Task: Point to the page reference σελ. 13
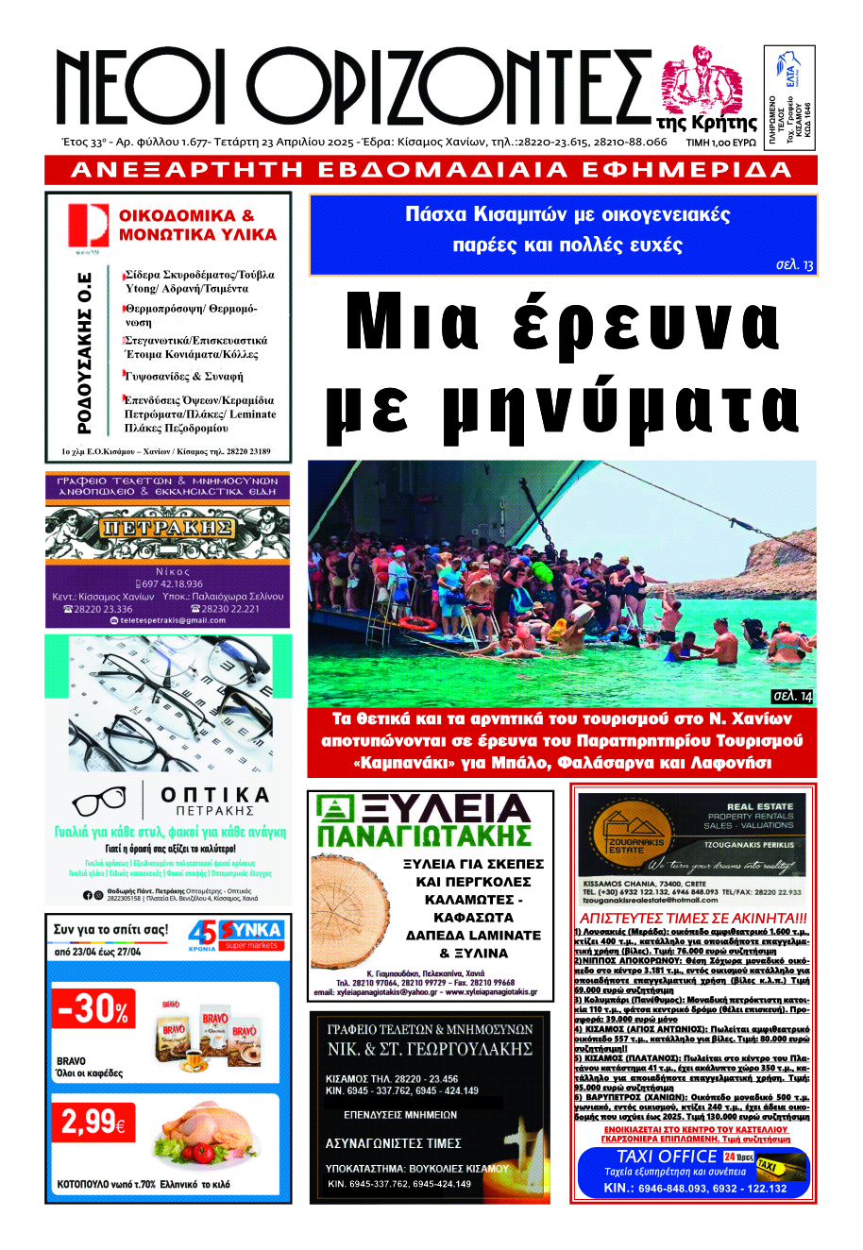794,265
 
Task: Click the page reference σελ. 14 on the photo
791,697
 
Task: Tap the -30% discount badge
93,1009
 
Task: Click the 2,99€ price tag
93,1122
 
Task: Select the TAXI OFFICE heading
667,1157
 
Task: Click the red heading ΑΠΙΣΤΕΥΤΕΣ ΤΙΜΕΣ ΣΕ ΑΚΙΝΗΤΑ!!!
693,919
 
